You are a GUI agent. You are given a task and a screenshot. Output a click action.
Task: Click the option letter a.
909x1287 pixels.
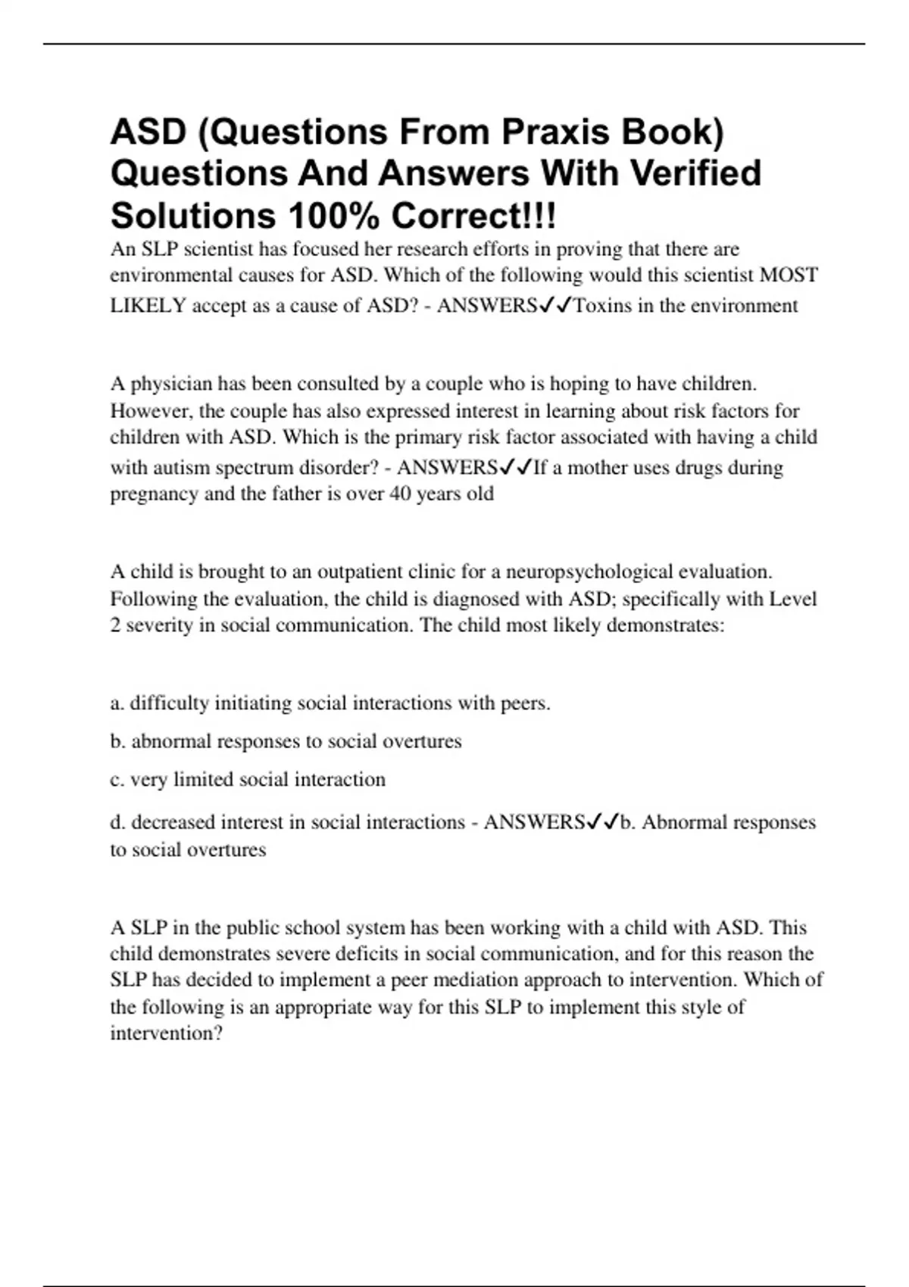point(116,703)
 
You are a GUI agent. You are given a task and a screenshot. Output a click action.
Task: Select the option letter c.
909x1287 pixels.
point(116,780)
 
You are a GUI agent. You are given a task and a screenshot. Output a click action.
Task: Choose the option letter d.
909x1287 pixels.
point(116,822)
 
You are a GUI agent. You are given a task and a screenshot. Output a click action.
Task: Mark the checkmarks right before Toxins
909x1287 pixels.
point(556,305)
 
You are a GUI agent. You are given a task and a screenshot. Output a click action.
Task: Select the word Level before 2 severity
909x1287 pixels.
point(793,599)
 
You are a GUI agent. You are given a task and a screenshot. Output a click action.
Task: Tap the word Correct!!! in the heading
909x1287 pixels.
point(473,217)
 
